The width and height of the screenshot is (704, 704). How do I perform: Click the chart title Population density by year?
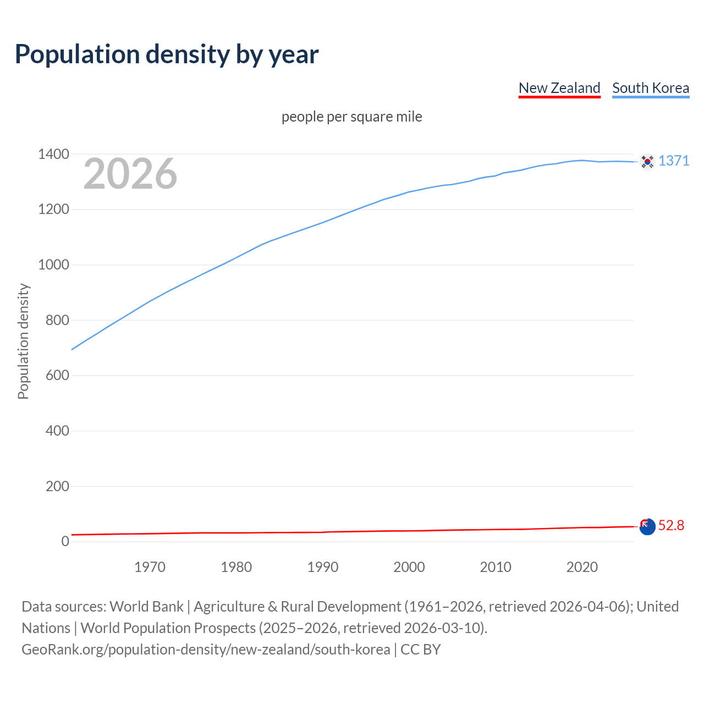pyautogui.click(x=167, y=54)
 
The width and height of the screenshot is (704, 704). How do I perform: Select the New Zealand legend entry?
pyautogui.click(x=559, y=88)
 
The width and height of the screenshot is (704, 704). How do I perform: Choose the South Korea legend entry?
pyautogui.click(x=650, y=88)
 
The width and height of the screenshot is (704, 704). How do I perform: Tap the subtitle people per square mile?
pyautogui.click(x=352, y=117)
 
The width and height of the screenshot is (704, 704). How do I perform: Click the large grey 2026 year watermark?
pyautogui.click(x=130, y=174)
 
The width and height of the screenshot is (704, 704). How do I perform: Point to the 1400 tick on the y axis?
pyautogui.click(x=53, y=155)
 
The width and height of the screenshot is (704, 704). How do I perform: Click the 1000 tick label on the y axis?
pyautogui.click(x=53, y=265)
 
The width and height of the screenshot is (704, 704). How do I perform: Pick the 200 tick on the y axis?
pyautogui.click(x=57, y=486)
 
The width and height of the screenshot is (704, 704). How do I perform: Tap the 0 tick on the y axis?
pyautogui.click(x=65, y=542)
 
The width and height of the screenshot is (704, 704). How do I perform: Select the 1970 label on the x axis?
pyautogui.click(x=150, y=567)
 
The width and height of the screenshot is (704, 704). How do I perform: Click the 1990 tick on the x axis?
pyautogui.click(x=323, y=567)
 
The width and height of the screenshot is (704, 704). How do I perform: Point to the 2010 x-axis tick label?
pyautogui.click(x=496, y=567)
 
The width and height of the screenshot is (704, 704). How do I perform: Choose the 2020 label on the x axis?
pyautogui.click(x=582, y=567)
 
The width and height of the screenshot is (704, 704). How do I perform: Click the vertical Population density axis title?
pyautogui.click(x=23, y=341)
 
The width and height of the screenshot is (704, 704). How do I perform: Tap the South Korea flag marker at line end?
pyautogui.click(x=647, y=161)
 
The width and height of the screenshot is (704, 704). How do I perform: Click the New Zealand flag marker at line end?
pyautogui.click(x=647, y=526)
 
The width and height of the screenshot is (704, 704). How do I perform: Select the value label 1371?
pyautogui.click(x=673, y=161)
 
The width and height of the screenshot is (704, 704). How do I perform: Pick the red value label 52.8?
pyautogui.click(x=671, y=526)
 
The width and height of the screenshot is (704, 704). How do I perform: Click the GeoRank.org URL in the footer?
pyautogui.click(x=206, y=650)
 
